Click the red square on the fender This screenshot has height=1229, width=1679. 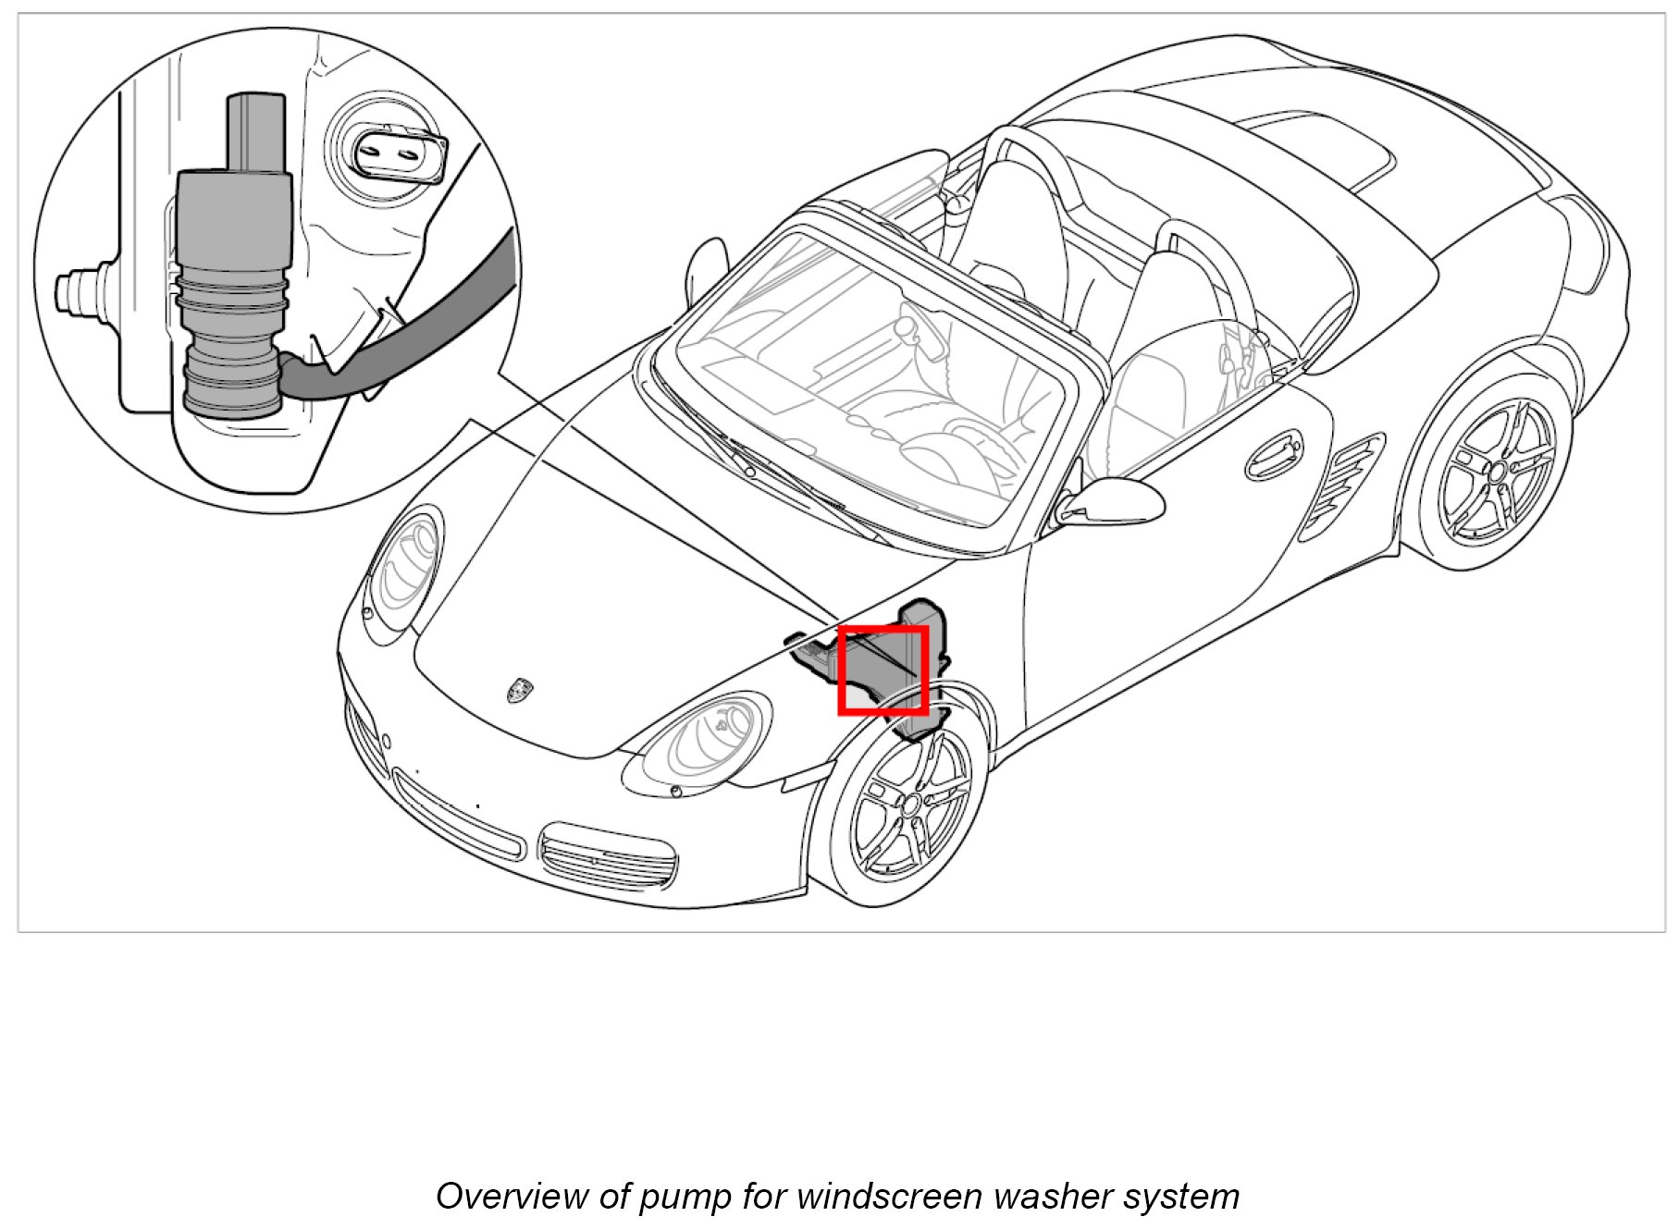click(883, 670)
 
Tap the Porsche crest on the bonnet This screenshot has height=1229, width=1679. click(519, 690)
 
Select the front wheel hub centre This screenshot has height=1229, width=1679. click(910, 804)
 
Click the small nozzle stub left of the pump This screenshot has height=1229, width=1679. click(79, 291)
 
